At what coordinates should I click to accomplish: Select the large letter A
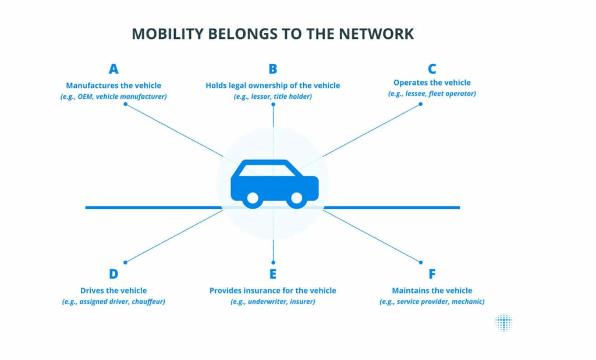point(113,69)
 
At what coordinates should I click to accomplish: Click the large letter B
point(273,69)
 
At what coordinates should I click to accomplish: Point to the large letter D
point(113,274)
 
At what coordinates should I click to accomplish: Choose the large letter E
point(273,274)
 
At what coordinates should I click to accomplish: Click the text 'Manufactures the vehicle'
point(113,85)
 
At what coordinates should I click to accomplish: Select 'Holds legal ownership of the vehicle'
point(273,85)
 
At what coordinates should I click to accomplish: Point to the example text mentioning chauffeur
point(113,302)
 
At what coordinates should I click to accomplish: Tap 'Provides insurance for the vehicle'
point(273,290)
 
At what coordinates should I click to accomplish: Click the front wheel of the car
point(296,198)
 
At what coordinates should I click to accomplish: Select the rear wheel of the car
point(253,198)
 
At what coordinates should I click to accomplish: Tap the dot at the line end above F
point(420,262)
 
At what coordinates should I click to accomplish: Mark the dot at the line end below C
point(420,105)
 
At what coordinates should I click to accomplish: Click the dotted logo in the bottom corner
point(504,322)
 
